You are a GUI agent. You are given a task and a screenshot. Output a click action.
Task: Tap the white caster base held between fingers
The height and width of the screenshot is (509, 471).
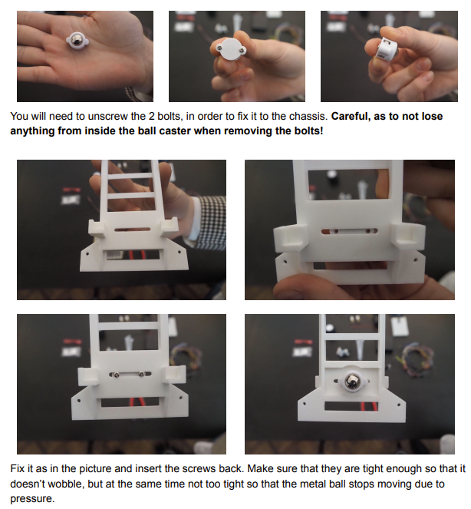pyautogui.click(x=230, y=50)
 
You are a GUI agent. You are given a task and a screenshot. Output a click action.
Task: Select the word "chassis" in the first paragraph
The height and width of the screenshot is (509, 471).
pyautogui.click(x=301, y=117)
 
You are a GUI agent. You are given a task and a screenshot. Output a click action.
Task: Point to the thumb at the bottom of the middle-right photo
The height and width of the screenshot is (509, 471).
pyautogui.click(x=303, y=289)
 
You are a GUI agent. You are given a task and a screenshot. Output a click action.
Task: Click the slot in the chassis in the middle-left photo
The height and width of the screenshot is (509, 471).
pyautogui.click(x=124, y=229)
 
